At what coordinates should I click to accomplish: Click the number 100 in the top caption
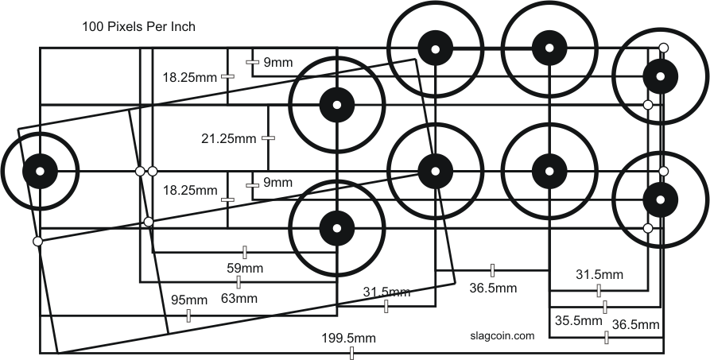coord(93,26)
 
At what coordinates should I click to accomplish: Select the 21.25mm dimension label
coord(229,138)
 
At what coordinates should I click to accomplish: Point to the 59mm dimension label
coord(246,269)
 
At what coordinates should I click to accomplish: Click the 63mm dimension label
coord(239,299)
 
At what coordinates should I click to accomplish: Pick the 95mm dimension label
coord(189,300)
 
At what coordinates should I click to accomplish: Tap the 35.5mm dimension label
coord(577,322)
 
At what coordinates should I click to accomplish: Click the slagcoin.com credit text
coord(497,335)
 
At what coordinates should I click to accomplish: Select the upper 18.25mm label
coord(189,77)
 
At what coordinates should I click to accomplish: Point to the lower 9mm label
coord(277,183)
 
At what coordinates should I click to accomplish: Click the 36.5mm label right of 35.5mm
coord(634,325)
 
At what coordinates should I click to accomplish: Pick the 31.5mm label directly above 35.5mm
coord(599,275)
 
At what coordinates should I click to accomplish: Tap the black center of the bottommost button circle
coord(336,228)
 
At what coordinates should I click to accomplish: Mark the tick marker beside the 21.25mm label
coord(269,138)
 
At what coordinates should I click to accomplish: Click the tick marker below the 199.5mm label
coord(351,353)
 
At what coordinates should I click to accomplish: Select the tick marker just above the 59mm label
coord(245,253)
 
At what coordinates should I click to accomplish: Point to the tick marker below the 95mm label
coord(188,316)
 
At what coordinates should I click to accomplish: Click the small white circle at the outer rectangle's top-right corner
coord(663,48)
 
